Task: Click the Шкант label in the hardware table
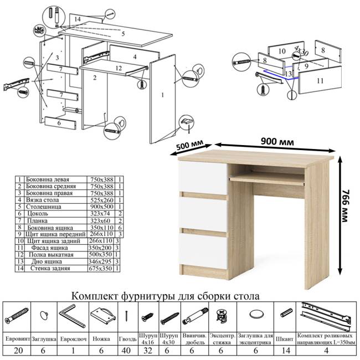(x=286, y=336)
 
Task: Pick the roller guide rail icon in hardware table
(x=327, y=315)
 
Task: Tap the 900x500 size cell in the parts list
(x=102, y=206)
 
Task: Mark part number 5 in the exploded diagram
(x=123, y=34)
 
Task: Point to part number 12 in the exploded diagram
(x=118, y=68)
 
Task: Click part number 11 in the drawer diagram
(x=320, y=80)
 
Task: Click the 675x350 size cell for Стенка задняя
(x=102, y=268)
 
